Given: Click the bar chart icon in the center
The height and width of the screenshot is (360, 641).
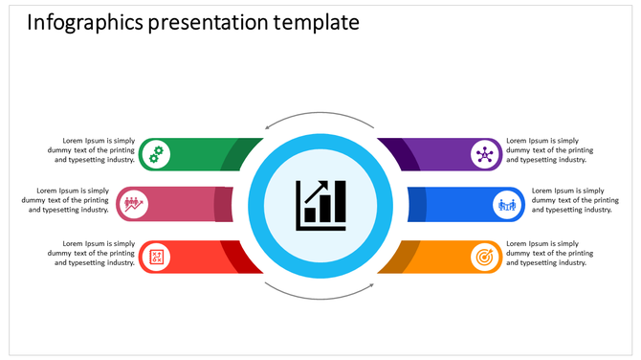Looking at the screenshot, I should [320, 204].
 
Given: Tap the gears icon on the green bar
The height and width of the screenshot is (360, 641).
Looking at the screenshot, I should [156, 153].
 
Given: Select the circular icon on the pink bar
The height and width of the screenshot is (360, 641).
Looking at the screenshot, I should [131, 204].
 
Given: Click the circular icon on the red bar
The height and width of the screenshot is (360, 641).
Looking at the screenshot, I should [156, 256].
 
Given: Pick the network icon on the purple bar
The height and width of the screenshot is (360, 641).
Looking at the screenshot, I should [485, 153].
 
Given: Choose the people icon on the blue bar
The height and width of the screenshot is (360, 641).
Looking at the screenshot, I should [507, 204].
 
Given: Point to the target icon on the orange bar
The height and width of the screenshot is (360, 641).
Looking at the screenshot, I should [485, 256].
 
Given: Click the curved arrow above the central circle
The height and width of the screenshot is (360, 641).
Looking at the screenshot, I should [320, 118].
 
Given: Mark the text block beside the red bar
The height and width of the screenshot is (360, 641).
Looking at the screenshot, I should [94, 253].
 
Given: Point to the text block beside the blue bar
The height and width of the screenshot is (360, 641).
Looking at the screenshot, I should [572, 200].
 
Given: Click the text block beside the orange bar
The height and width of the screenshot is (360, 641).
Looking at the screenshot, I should [549, 253].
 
